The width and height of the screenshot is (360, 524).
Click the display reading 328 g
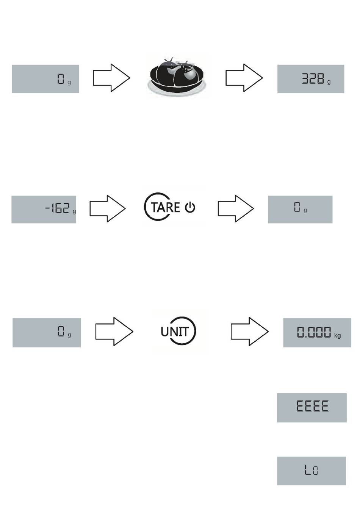pos(311,79)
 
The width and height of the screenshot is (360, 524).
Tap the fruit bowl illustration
pos(177,77)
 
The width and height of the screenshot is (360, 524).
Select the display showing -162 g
pos(44,210)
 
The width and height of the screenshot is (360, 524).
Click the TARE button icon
pos(170,207)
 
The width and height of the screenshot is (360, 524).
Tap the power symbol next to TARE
pos(190,208)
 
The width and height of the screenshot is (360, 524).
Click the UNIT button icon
pos(178,331)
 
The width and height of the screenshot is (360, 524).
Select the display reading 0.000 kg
pos(317,333)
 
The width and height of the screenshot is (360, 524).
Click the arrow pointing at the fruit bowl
pos(111,78)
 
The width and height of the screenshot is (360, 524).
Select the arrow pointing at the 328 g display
pos(244,78)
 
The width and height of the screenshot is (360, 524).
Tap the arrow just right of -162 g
pos(108,208)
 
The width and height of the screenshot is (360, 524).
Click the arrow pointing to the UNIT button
pos(114,332)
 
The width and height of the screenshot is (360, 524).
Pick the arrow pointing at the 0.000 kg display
pos(250,332)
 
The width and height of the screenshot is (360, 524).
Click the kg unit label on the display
pos(337,335)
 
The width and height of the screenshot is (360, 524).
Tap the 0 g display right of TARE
pos(300,210)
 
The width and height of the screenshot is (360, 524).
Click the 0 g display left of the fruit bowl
pos(45,79)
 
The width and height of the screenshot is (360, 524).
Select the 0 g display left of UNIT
pos(47,333)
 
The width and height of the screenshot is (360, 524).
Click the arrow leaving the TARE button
pos(236,208)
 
